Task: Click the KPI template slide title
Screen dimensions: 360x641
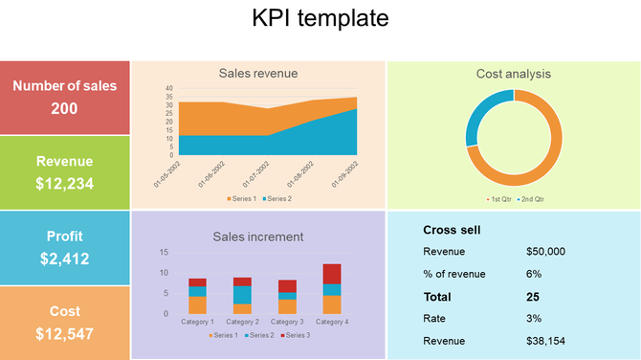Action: [x=320, y=18]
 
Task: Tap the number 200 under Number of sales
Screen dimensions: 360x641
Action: [x=64, y=108]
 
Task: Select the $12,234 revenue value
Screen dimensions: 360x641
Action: [x=64, y=183]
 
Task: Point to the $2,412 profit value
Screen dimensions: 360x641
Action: [x=64, y=258]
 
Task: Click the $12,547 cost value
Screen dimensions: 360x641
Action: [x=64, y=333]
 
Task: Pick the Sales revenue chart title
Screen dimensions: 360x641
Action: [x=258, y=73]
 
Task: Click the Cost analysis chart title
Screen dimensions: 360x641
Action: [x=514, y=73]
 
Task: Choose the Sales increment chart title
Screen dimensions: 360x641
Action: [x=258, y=236]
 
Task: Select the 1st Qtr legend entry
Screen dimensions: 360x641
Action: [x=498, y=199]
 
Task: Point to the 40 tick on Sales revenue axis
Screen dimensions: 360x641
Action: [x=169, y=88]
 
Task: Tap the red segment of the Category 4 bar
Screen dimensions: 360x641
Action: [x=332, y=274]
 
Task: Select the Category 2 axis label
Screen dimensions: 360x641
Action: [x=242, y=322]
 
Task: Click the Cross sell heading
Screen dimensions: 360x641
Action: [x=452, y=230]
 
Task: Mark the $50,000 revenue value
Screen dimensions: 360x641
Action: [x=545, y=252]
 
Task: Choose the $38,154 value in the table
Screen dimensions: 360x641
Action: [x=545, y=340]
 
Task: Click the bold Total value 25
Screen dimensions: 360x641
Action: [x=533, y=297]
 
